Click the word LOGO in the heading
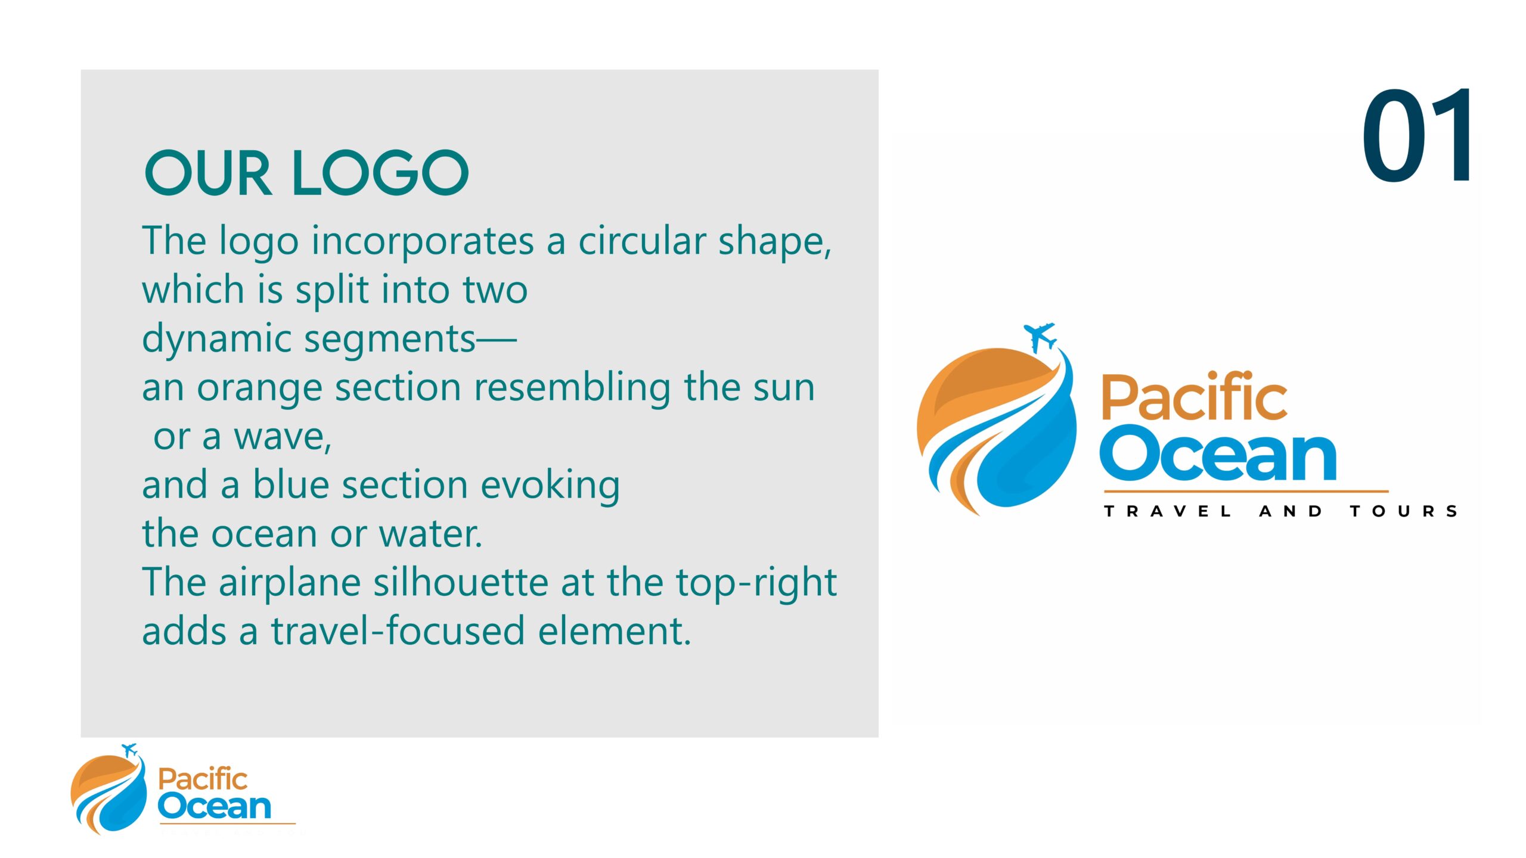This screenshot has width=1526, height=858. click(x=380, y=173)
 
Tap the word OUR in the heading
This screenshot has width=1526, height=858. click(x=208, y=173)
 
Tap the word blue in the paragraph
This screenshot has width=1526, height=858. click(x=291, y=484)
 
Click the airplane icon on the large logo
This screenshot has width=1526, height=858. click(x=1040, y=337)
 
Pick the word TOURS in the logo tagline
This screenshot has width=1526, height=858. click(x=1404, y=511)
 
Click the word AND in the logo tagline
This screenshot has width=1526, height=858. click(x=1291, y=511)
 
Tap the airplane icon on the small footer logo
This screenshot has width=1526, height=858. click(x=129, y=750)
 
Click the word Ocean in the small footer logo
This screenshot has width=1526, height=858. click(x=215, y=806)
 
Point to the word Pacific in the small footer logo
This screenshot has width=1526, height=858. click(x=203, y=779)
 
